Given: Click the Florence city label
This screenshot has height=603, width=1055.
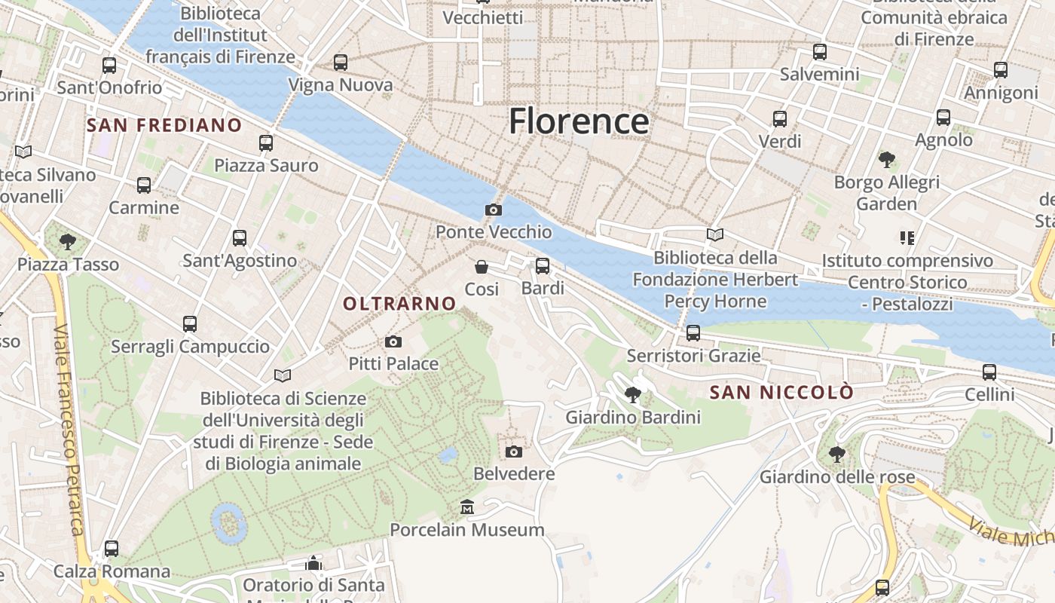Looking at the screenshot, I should point(578,121).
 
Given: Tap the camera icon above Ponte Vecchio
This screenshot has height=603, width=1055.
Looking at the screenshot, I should point(494,210).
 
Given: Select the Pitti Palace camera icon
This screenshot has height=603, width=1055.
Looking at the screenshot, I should point(393,342).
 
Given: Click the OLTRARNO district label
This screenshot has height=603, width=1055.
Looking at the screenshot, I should point(399,304).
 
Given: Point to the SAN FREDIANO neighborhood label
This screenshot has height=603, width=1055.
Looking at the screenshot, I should point(164,125).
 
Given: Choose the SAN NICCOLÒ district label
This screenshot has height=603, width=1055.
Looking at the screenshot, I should point(782,393).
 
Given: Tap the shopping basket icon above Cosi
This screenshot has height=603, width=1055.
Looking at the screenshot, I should point(482,267).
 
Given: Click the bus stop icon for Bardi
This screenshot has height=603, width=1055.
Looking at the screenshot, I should point(543,266).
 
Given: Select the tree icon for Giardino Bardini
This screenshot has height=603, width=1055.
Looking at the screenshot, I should point(633,394).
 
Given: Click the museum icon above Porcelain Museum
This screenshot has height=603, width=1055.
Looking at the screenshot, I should point(467,507).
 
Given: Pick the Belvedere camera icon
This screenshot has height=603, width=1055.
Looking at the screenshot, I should point(514,451).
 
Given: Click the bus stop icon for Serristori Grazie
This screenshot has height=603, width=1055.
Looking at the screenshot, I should point(693,332).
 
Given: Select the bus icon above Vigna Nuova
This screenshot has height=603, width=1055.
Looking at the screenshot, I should point(341,63).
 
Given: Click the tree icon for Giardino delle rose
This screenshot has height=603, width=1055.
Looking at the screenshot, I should point(836,454).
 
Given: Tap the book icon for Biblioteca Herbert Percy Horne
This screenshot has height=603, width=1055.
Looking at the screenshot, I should point(714,235).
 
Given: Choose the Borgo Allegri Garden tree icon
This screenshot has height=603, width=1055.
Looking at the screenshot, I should point(887,160).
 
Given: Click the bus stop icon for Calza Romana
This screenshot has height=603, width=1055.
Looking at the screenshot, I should point(112,549).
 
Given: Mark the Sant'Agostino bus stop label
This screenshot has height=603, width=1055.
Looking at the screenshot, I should point(240,261).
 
